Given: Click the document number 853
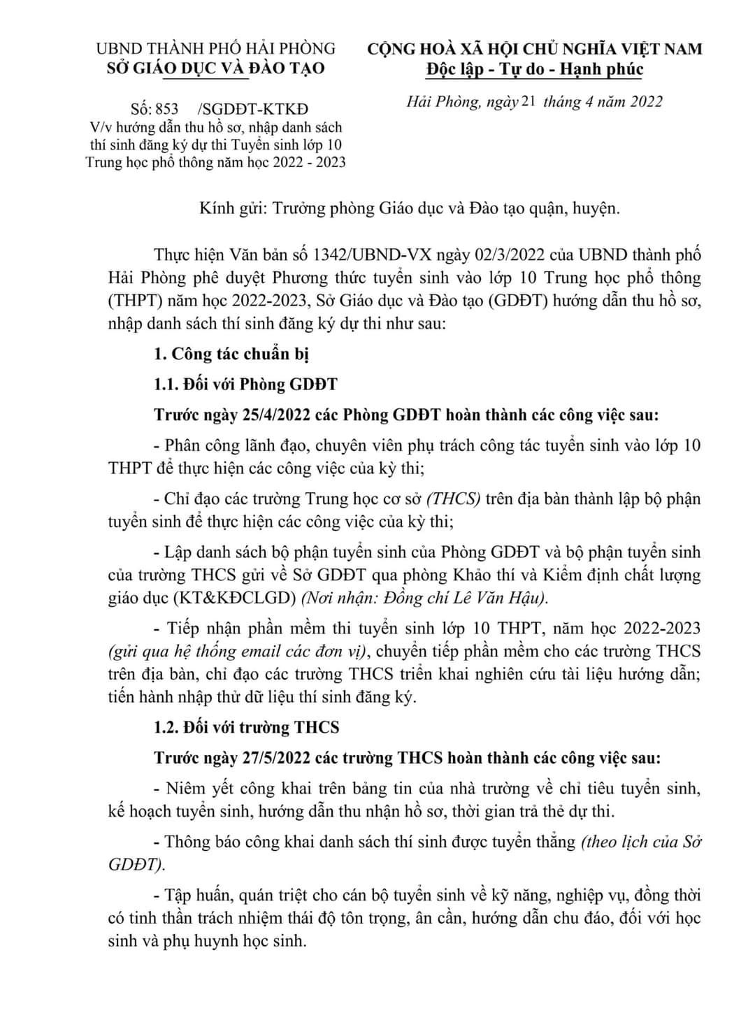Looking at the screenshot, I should pyautogui.click(x=166, y=109).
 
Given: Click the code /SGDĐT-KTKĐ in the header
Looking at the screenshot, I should pyautogui.click(x=253, y=109).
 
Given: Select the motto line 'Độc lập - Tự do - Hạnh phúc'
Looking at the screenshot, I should pyautogui.click(x=535, y=69).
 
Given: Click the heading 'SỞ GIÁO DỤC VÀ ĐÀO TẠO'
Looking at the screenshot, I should pyautogui.click(x=215, y=69).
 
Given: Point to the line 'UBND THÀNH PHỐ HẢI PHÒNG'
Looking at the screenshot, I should pyautogui.click(x=215, y=48).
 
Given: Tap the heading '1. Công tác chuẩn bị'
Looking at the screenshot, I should pyautogui.click(x=231, y=354).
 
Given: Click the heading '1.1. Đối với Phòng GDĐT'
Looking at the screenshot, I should pyautogui.click(x=245, y=384).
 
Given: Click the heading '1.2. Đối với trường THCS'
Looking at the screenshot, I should pyautogui.click(x=246, y=727).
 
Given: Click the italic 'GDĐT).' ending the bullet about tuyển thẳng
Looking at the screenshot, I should pyautogui.click(x=137, y=864).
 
